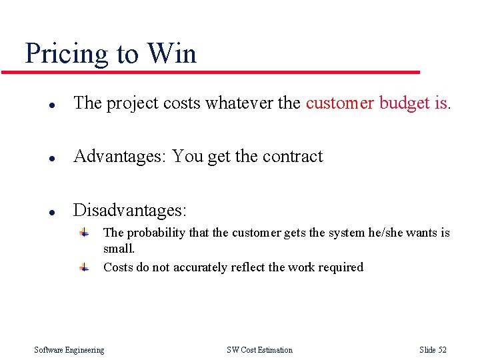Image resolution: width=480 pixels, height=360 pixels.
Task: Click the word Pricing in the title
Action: [67, 54]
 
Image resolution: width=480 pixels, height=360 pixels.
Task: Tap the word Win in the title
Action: [172, 53]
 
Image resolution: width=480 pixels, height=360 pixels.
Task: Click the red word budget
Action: [404, 103]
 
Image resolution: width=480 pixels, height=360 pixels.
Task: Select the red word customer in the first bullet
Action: [340, 103]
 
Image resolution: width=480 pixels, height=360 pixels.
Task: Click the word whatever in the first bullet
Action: [237, 103]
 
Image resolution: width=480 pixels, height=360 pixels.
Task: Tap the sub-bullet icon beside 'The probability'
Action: [83, 233]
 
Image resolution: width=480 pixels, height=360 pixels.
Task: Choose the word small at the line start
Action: [118, 249]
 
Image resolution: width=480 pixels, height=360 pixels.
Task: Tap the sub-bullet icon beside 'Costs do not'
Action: [83, 267]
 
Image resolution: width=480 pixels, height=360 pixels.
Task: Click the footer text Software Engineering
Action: [69, 350]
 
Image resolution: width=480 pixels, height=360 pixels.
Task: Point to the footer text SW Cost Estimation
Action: [259, 350]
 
